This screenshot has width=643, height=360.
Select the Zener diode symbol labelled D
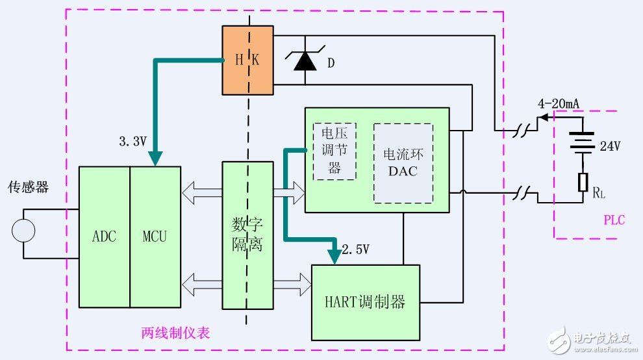coord(305,60)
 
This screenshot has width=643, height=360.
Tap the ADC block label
coord(104,236)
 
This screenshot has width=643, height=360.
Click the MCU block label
coord(155,236)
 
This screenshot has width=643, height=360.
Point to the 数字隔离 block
coord(247,235)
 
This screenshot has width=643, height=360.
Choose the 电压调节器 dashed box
coord(334,151)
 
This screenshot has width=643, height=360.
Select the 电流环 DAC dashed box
coord(403,163)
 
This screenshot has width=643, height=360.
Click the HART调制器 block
coord(364,302)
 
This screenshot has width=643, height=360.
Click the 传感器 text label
coord(28,188)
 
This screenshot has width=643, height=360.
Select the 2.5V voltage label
coord(356,249)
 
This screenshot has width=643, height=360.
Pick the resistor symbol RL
coord(583,183)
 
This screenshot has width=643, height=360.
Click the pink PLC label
coord(613,220)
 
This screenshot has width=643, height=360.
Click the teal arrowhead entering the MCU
coord(155,159)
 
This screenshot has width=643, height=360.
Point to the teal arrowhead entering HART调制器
coord(334,257)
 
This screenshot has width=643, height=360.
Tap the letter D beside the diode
coord(331,64)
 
